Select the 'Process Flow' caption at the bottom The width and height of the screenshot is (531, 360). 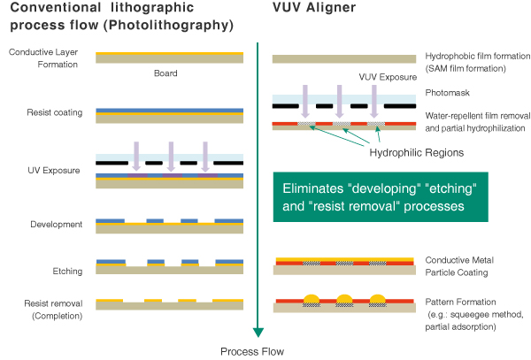[x=254, y=351]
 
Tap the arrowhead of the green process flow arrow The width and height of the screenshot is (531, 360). [x=258, y=332]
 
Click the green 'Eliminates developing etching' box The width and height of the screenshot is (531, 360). [x=386, y=195]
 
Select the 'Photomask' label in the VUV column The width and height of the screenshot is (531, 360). [x=448, y=92]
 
